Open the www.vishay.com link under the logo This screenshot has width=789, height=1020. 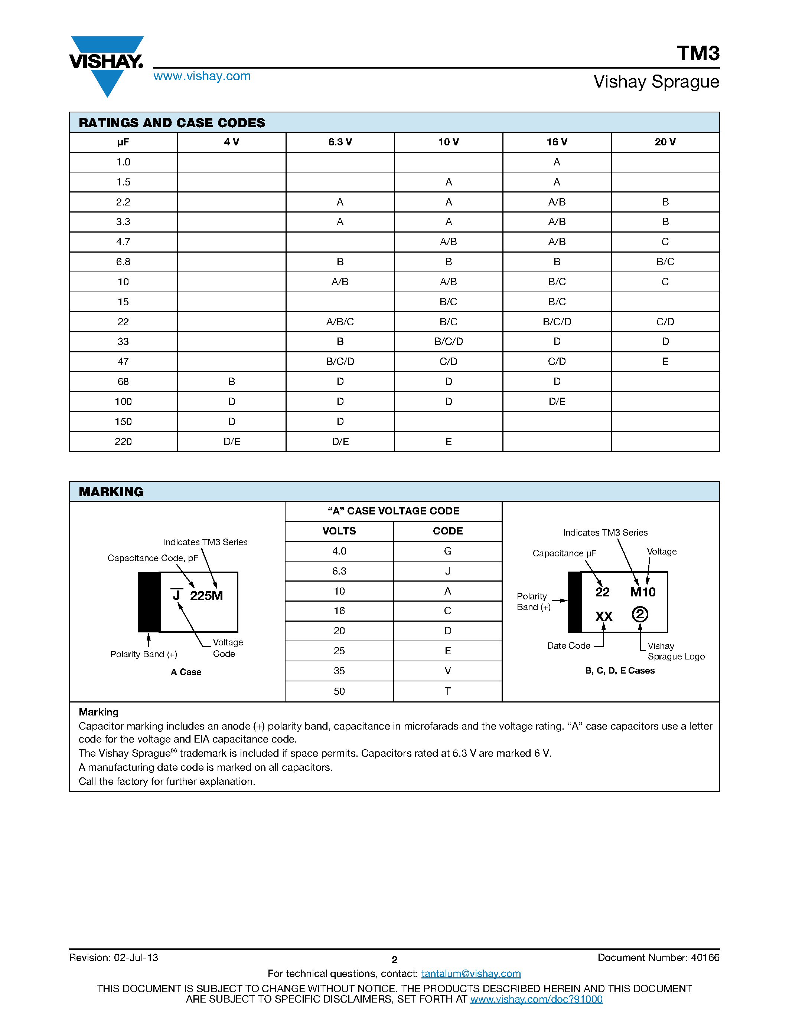[202, 76]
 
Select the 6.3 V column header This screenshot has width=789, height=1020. [340, 142]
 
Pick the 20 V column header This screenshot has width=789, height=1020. [665, 142]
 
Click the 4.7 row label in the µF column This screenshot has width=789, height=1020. [123, 242]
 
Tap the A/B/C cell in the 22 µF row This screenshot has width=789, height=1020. [340, 322]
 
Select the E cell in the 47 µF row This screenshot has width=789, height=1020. [665, 362]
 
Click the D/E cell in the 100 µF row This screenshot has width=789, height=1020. [557, 402]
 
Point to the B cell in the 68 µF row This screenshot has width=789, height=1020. [231, 382]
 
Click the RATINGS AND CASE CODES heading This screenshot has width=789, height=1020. [172, 123]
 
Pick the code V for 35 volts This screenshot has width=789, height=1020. [447, 671]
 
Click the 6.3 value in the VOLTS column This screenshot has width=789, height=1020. [339, 571]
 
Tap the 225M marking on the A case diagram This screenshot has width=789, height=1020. [206, 596]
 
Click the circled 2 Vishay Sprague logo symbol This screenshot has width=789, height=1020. [640, 614]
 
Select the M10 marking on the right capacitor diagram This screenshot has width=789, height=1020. [643, 592]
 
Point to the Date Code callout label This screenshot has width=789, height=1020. [568, 645]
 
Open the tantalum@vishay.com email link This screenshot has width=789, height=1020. [471, 973]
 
